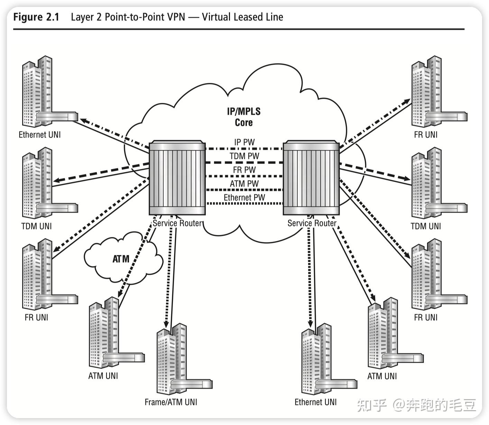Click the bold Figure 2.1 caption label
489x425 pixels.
(x=36, y=17)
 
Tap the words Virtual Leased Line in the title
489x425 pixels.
(x=242, y=17)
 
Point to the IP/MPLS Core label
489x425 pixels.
(x=244, y=117)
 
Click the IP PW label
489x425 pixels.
(x=244, y=142)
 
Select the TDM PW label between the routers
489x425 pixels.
(x=244, y=156)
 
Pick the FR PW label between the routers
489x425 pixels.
(x=244, y=170)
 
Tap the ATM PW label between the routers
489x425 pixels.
(x=244, y=183)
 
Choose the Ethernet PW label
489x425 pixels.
(x=244, y=197)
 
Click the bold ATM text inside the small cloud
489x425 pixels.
(x=121, y=259)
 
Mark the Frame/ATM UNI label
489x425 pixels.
(x=171, y=402)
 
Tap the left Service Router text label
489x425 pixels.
(x=177, y=223)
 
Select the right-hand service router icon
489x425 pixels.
(x=311, y=178)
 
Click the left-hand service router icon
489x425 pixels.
(x=177, y=178)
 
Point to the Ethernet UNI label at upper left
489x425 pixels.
(x=40, y=134)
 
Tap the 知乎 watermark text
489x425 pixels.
(x=371, y=405)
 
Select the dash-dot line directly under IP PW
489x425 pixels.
(x=244, y=149)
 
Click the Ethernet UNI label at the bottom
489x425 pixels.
(x=315, y=402)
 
